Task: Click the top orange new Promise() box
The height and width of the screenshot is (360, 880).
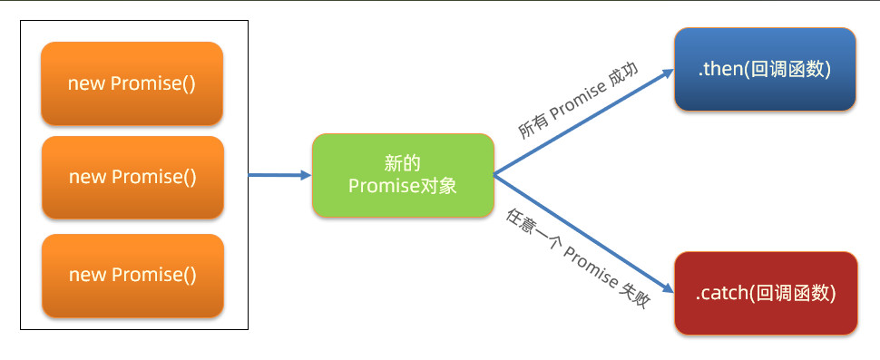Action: coord(132,83)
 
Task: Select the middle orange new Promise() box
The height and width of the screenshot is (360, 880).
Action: coord(132,177)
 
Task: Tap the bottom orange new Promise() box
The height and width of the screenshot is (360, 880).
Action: coord(132,275)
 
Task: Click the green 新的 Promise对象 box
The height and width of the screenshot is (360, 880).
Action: coord(402,175)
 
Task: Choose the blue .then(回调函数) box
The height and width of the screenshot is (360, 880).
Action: coord(764,70)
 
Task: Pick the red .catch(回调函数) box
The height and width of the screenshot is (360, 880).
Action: coord(765,294)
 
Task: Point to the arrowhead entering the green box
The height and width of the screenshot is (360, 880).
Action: coord(306,175)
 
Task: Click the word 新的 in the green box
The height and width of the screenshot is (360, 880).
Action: coord(402,164)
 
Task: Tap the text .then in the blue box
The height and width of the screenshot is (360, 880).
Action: coord(720,70)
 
